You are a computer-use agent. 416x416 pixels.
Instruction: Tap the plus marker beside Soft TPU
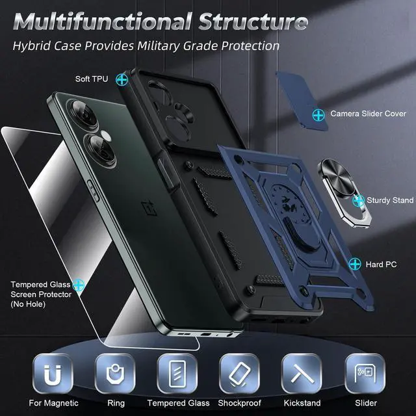pyautogui.click(x=122, y=79)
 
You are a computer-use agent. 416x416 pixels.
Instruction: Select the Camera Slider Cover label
pyautogui.click(x=368, y=114)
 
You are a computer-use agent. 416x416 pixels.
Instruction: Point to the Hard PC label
pyautogui.click(x=383, y=265)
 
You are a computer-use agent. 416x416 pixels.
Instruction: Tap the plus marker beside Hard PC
pyautogui.click(x=355, y=264)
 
